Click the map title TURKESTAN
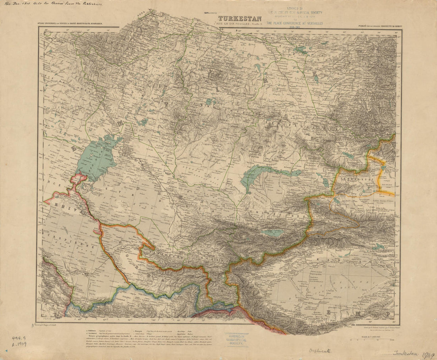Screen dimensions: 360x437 (239, 18)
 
